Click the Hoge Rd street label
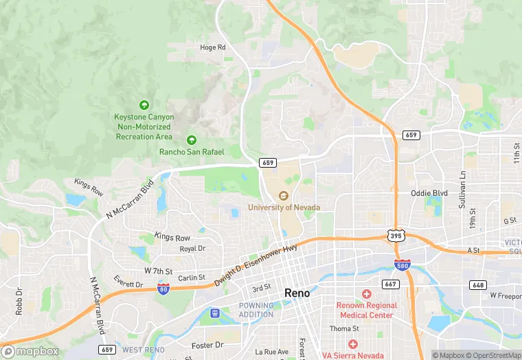(x=212, y=47)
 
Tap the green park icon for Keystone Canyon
(x=144, y=105)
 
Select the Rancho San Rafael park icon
(x=192, y=140)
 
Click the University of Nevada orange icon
(x=284, y=196)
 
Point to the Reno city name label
(x=297, y=293)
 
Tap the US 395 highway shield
(x=397, y=236)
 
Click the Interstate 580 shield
(x=403, y=265)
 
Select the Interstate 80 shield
(x=163, y=289)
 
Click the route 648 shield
(x=478, y=284)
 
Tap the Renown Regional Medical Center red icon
(x=367, y=294)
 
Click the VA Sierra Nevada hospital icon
(x=352, y=344)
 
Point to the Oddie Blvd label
(x=429, y=193)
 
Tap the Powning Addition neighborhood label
(x=256, y=310)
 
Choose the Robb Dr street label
(x=19, y=302)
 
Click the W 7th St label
(x=157, y=271)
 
